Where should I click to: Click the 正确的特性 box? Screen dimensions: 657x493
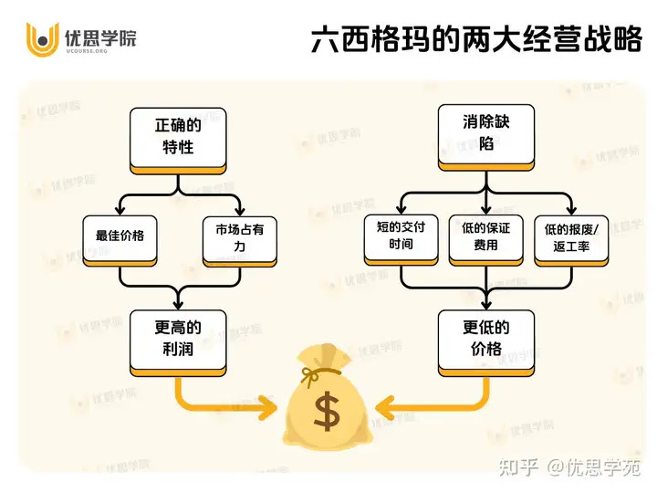tap(178, 141)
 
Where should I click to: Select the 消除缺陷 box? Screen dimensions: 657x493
tap(486, 138)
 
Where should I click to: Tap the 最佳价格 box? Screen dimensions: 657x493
tap(120, 241)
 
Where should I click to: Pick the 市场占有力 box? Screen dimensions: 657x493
tap(240, 241)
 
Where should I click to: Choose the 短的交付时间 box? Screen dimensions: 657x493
tap(401, 240)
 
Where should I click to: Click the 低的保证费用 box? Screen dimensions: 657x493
tap(486, 240)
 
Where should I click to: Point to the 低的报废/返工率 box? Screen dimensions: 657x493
tap(571, 241)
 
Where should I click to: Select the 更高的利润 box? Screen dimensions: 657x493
tap(178, 343)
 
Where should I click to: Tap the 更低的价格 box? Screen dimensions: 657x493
tap(486, 343)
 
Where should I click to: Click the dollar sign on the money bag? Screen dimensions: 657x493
tap(327, 411)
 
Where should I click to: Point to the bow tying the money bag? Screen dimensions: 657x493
tap(312, 375)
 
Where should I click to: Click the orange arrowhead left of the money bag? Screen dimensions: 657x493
tap(267, 407)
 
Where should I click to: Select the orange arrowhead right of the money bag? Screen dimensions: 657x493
tap(385, 407)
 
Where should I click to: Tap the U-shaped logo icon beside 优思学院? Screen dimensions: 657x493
tap(42, 39)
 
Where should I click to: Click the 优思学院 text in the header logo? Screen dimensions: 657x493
tap(100, 37)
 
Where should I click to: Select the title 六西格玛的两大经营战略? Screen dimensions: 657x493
tap(476, 39)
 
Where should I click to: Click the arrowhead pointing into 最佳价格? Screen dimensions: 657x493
tap(120, 209)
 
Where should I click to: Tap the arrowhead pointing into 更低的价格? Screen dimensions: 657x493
tap(486, 303)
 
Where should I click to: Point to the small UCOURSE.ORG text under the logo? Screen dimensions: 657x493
tap(87, 51)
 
